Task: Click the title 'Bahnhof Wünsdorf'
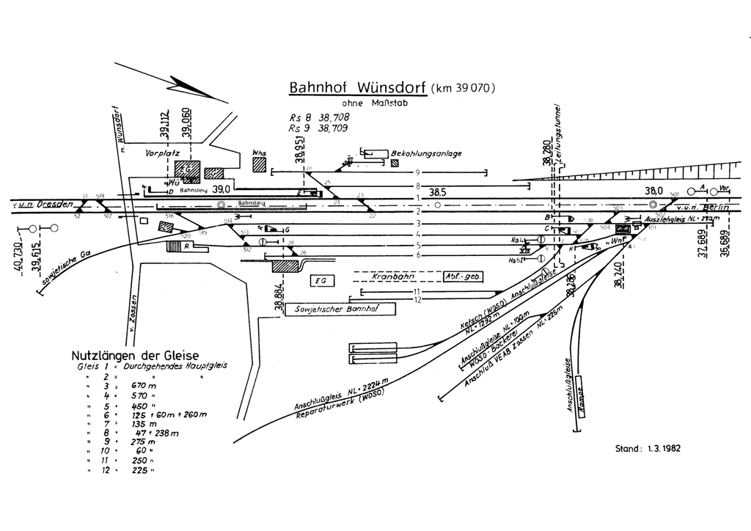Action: pyautogui.click(x=358, y=87)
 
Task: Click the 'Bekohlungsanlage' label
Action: pyautogui.click(x=428, y=153)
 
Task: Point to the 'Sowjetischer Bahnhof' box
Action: pyautogui.click(x=339, y=309)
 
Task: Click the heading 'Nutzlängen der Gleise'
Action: pyautogui.click(x=135, y=356)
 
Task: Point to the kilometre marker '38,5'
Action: pyautogui.click(x=439, y=191)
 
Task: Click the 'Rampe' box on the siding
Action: pyautogui.click(x=582, y=396)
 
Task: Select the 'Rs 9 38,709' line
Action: pyautogui.click(x=318, y=128)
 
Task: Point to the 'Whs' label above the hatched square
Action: pyautogui.click(x=258, y=153)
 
